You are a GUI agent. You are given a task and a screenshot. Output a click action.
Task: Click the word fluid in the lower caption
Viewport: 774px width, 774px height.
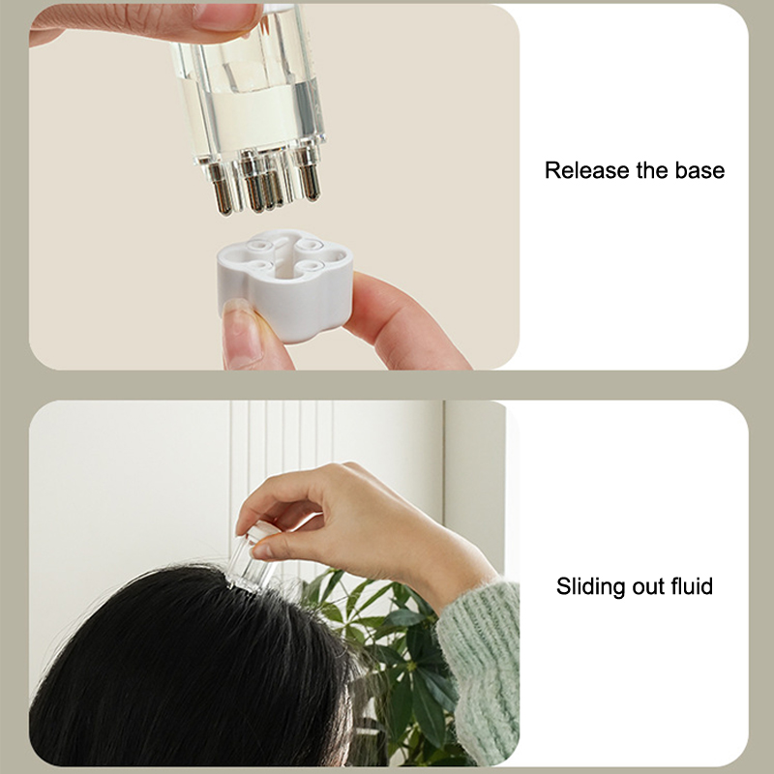[x=692, y=586]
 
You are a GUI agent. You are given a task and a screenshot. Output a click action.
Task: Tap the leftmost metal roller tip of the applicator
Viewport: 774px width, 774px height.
[x=223, y=191]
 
